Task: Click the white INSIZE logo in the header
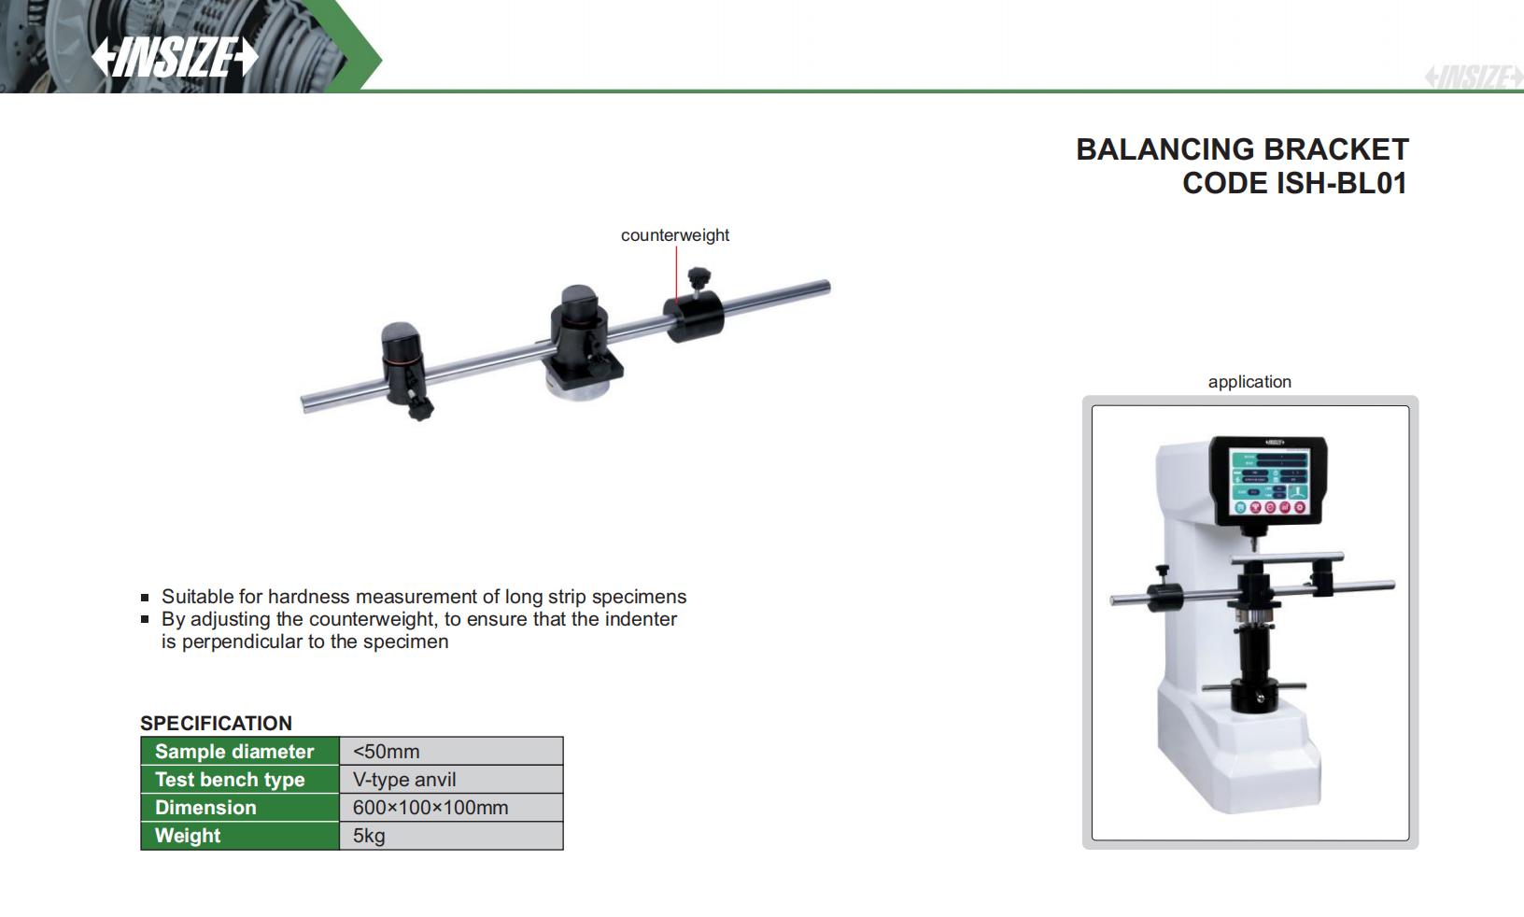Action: (175, 57)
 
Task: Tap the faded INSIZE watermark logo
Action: (1474, 77)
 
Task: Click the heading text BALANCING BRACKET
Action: (1242, 149)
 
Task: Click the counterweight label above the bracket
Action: (675, 235)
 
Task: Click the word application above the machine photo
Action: (1249, 382)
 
